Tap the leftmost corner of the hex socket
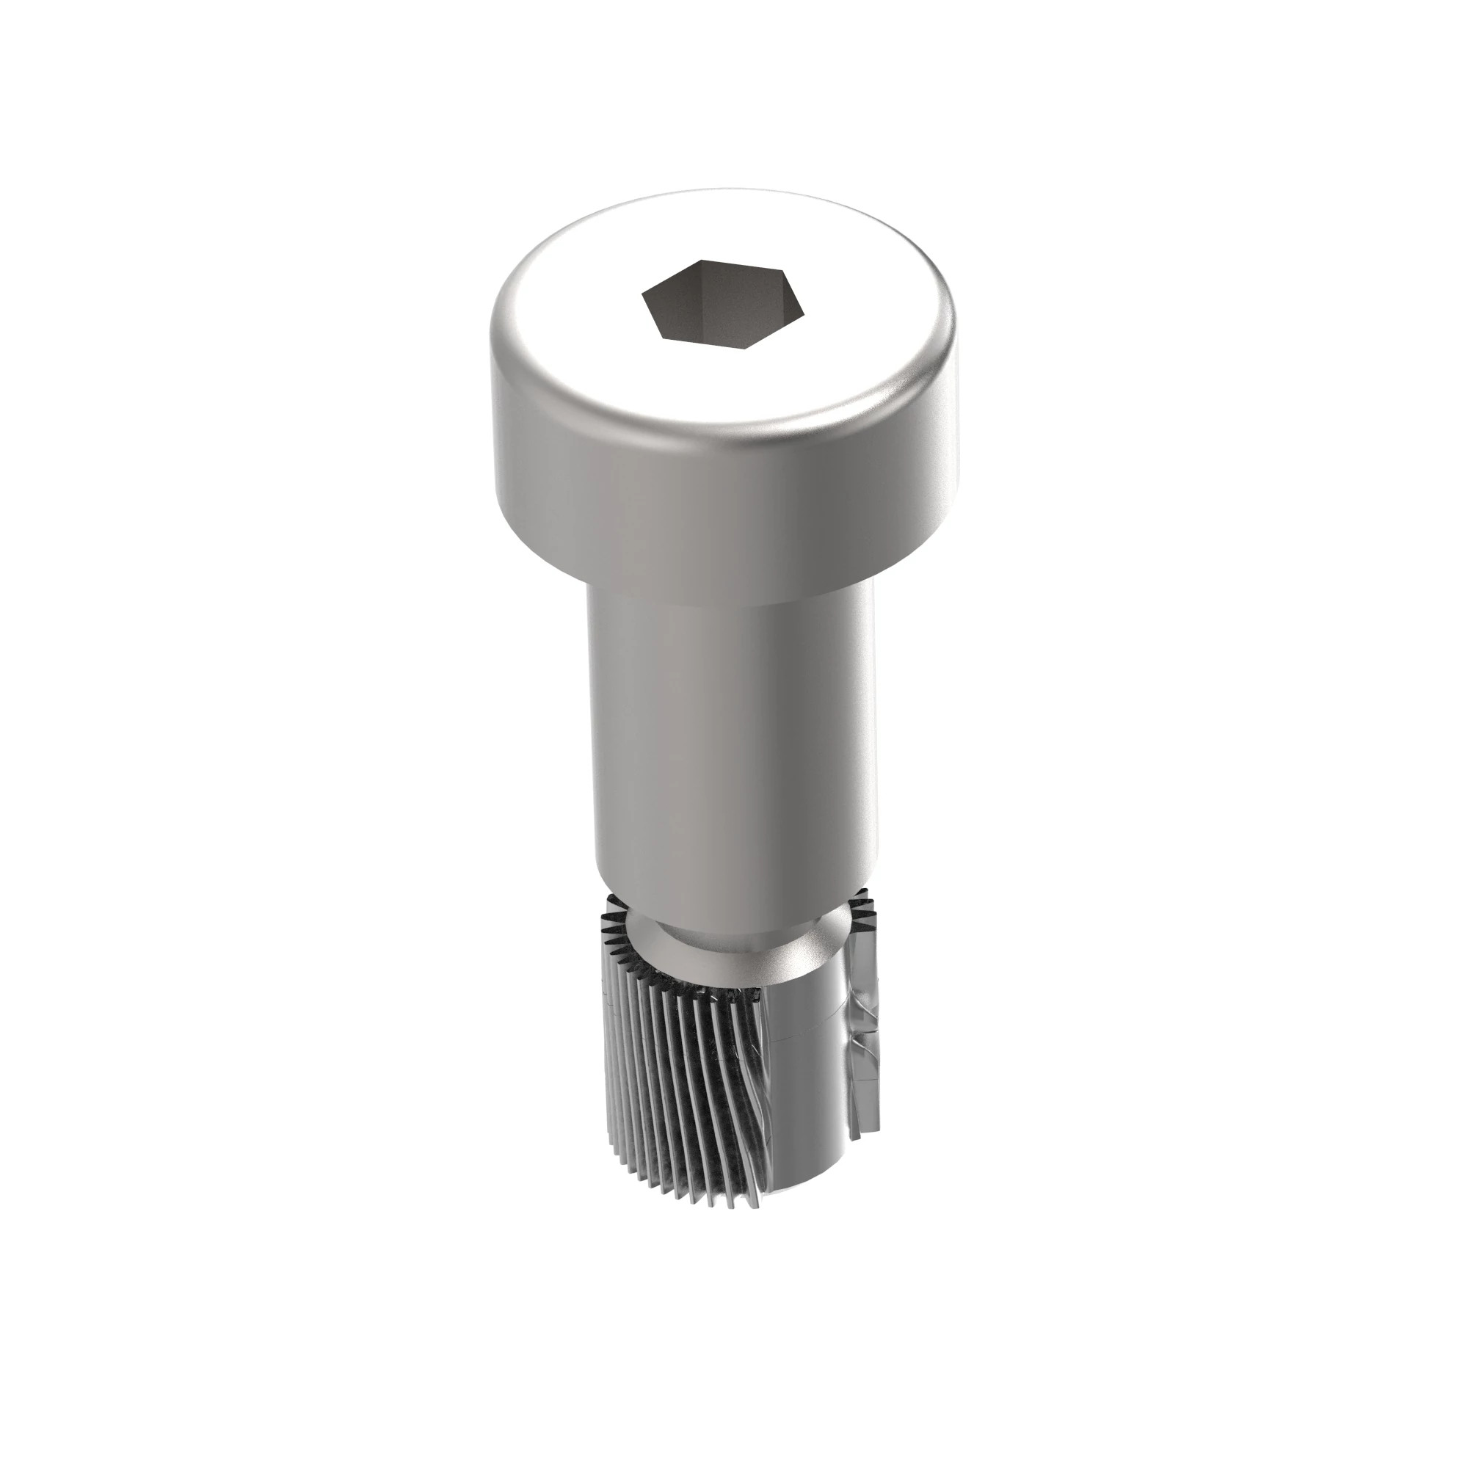tap(642, 294)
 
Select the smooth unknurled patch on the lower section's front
tap(805, 1064)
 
